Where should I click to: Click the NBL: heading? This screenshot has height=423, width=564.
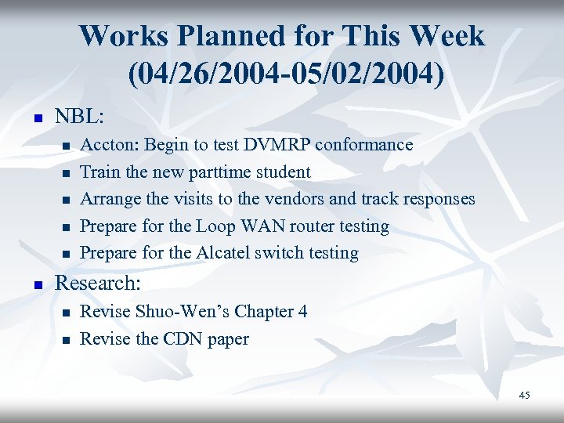(78, 117)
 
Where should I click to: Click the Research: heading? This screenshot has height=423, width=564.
(95, 284)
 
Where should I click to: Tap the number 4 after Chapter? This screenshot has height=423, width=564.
(302, 312)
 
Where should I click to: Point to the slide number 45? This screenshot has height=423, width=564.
(524, 396)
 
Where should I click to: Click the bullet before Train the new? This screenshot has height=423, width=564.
(67, 173)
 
